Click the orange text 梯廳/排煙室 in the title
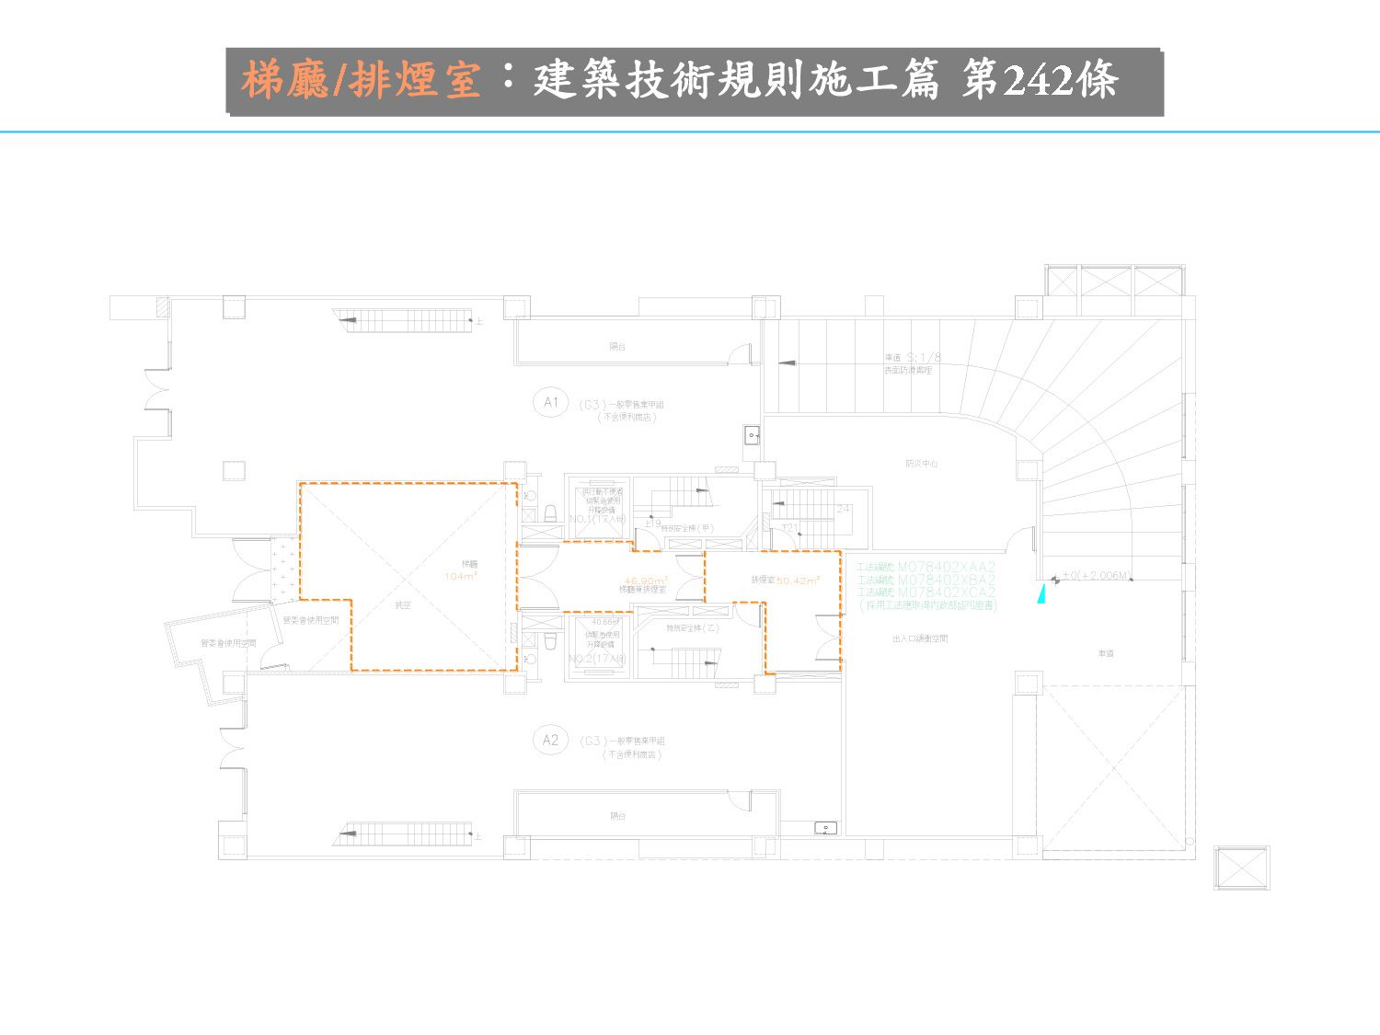pyautogui.click(x=362, y=80)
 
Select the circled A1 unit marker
pyautogui.click(x=550, y=403)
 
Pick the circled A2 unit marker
pyautogui.click(x=550, y=740)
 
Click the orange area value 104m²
pyautogui.click(x=460, y=577)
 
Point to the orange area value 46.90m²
pyautogui.click(x=645, y=581)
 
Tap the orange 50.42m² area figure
pyautogui.click(x=798, y=581)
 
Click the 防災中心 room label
pyautogui.click(x=921, y=464)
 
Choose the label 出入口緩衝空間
pyautogui.click(x=919, y=638)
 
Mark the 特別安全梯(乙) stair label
pyautogui.click(x=693, y=628)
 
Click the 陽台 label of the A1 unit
pyautogui.click(x=617, y=347)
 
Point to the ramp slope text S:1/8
pyautogui.click(x=924, y=358)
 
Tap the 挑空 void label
pyautogui.click(x=402, y=605)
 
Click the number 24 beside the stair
pyautogui.click(x=843, y=509)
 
